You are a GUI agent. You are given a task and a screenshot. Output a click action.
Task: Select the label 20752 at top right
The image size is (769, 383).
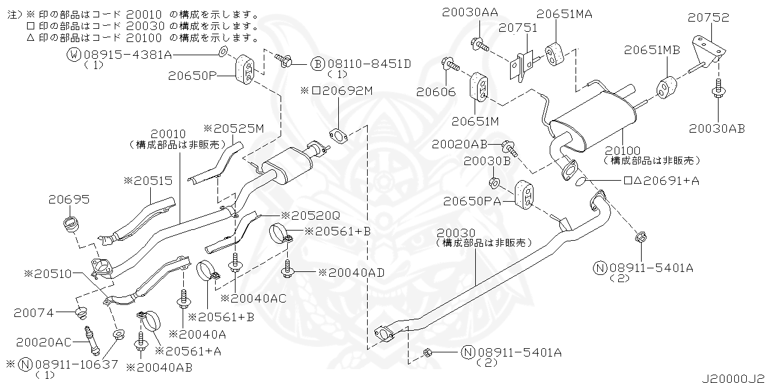[x=709, y=18]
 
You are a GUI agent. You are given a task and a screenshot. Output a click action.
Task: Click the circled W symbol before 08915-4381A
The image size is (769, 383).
[x=74, y=55]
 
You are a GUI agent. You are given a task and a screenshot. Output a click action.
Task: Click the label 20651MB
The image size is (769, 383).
[x=651, y=50]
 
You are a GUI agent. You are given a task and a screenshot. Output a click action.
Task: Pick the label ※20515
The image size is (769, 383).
[x=148, y=179]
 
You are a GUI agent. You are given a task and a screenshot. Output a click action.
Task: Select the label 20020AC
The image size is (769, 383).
[x=44, y=342]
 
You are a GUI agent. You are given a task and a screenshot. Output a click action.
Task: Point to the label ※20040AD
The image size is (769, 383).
[x=351, y=272]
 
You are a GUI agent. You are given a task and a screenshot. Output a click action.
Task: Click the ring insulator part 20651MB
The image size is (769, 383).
[x=665, y=85]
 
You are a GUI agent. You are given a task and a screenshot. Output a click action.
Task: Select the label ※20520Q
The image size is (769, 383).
[x=306, y=216]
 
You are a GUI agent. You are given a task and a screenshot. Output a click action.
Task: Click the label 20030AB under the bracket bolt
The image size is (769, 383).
[x=717, y=128]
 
